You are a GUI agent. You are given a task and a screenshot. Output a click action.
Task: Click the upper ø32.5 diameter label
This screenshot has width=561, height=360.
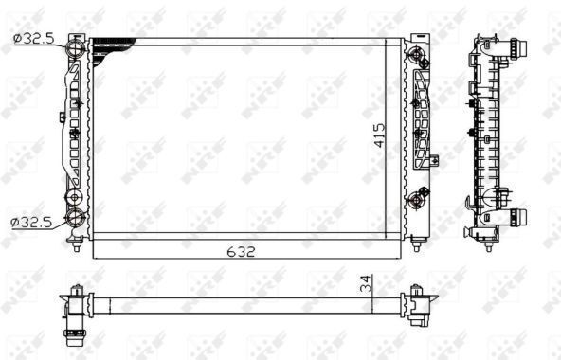34,38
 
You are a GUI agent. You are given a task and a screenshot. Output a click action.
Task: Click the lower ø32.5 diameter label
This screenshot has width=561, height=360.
31,223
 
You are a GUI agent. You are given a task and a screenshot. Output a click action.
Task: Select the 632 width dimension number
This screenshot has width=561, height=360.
241,252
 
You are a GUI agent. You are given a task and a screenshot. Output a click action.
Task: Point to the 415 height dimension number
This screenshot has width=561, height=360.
380,135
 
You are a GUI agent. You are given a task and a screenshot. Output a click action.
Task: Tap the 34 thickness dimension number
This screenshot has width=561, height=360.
367,283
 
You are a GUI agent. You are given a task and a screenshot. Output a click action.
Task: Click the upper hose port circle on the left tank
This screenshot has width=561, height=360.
76,48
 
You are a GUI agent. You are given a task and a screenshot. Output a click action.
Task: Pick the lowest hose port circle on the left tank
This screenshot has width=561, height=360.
76,217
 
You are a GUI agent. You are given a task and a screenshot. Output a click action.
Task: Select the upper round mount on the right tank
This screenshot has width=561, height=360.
415,54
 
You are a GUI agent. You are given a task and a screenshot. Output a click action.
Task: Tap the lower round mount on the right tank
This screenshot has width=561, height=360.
416,200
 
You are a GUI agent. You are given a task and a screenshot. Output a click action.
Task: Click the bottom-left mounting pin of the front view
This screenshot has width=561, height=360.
76,245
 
